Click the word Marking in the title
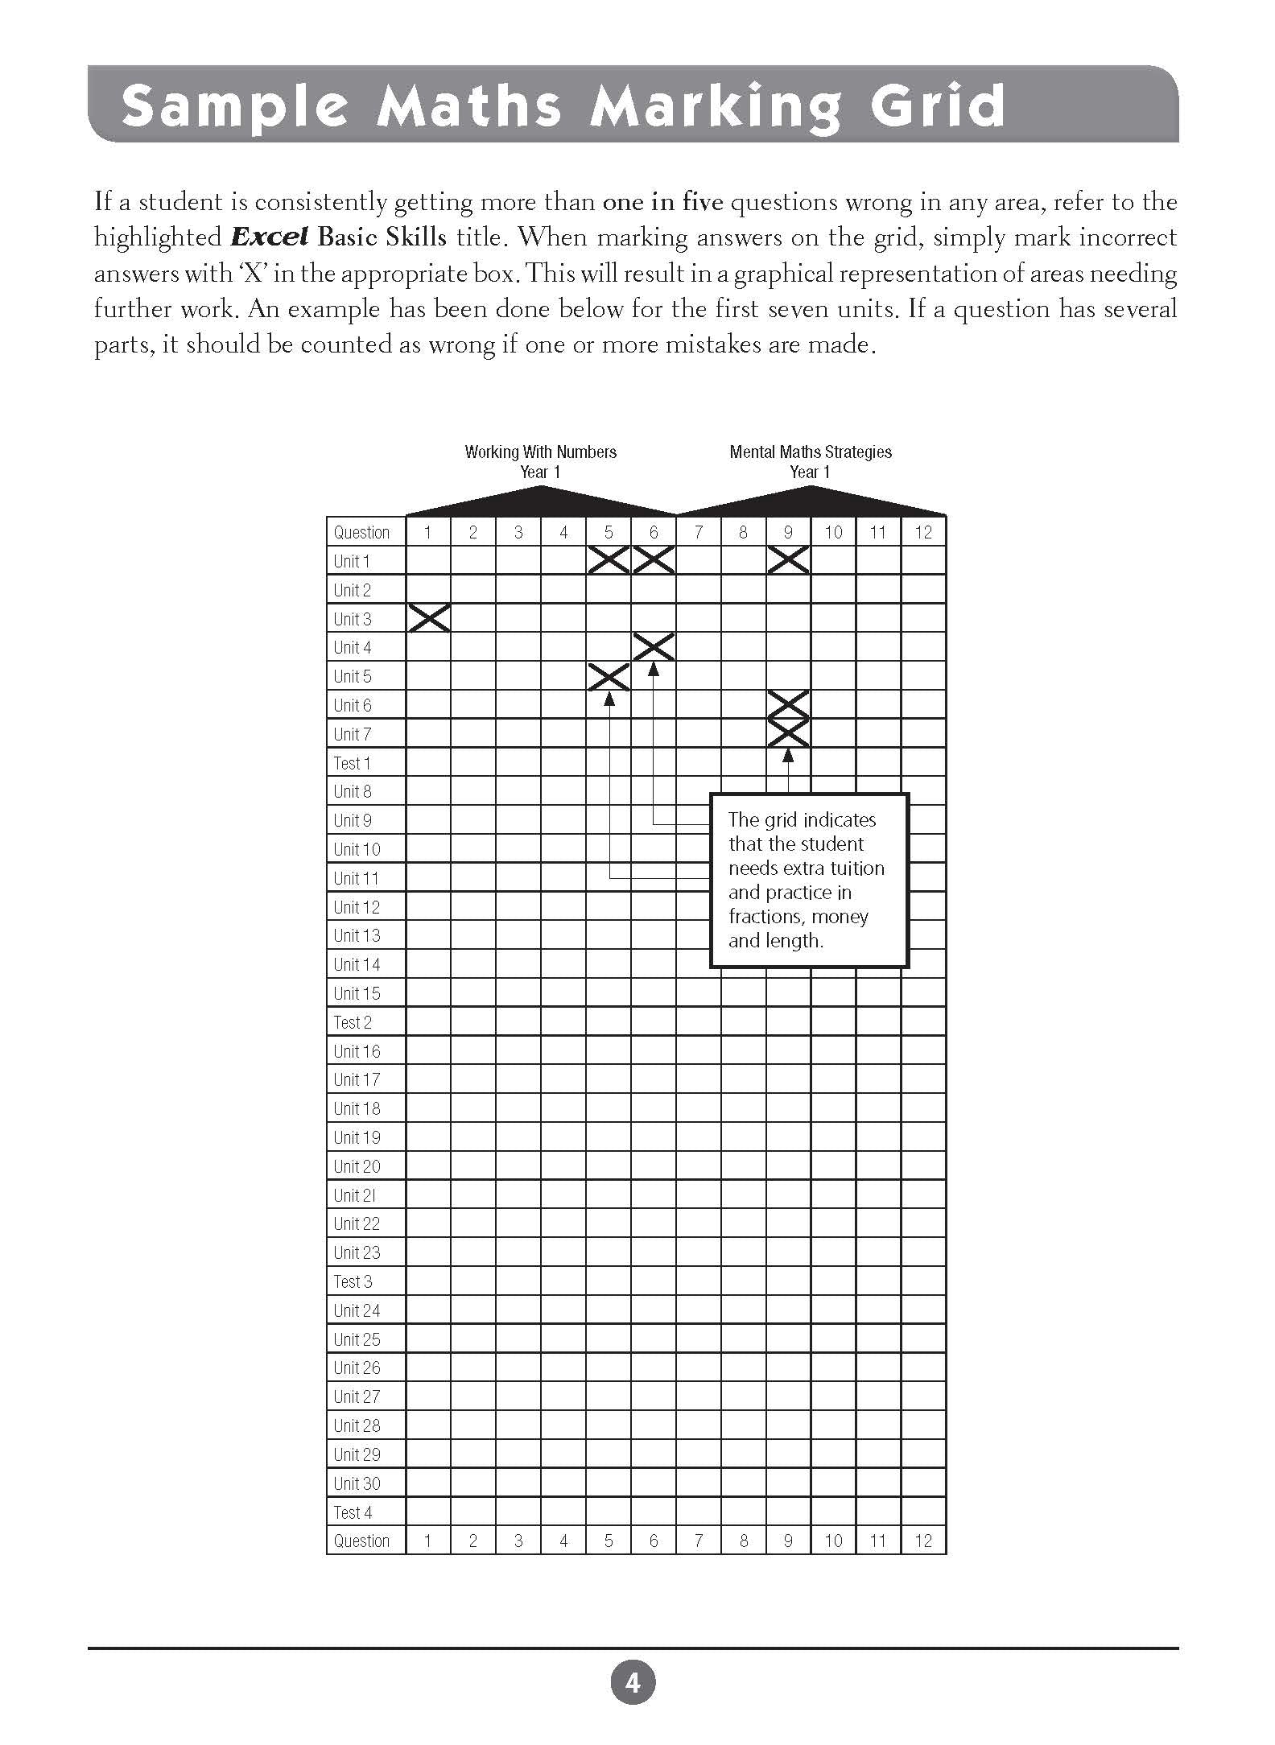pos(716,106)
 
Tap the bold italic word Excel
pos(269,237)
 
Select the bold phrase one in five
pos(662,202)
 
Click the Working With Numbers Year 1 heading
pos(540,462)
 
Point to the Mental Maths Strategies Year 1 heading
pos(810,462)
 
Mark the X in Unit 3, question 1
pos(428,618)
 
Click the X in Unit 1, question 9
pos(788,560)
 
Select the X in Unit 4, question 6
pos(653,647)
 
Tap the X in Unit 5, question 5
pos(609,676)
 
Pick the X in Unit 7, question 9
pos(788,733)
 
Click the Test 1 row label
pos(353,762)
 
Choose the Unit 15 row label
pos(357,993)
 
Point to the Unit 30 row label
pos(357,1483)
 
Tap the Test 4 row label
pos(353,1512)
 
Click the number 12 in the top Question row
pos(923,532)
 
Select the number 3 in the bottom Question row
pos(518,1541)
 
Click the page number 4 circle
pos(633,1682)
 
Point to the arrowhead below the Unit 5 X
pos(609,699)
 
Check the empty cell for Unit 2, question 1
pos(428,590)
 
